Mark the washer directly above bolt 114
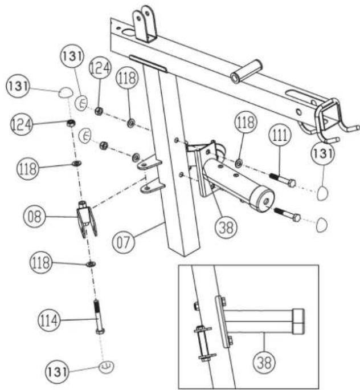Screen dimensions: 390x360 [90, 265]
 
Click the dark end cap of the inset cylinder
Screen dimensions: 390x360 [298, 321]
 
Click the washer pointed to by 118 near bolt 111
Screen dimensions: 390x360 [238, 165]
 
